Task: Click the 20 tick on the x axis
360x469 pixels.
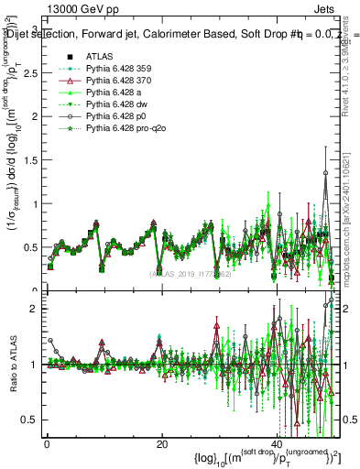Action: pyautogui.click(x=162, y=443)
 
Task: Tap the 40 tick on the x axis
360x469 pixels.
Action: pyautogui.click(x=278, y=443)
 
